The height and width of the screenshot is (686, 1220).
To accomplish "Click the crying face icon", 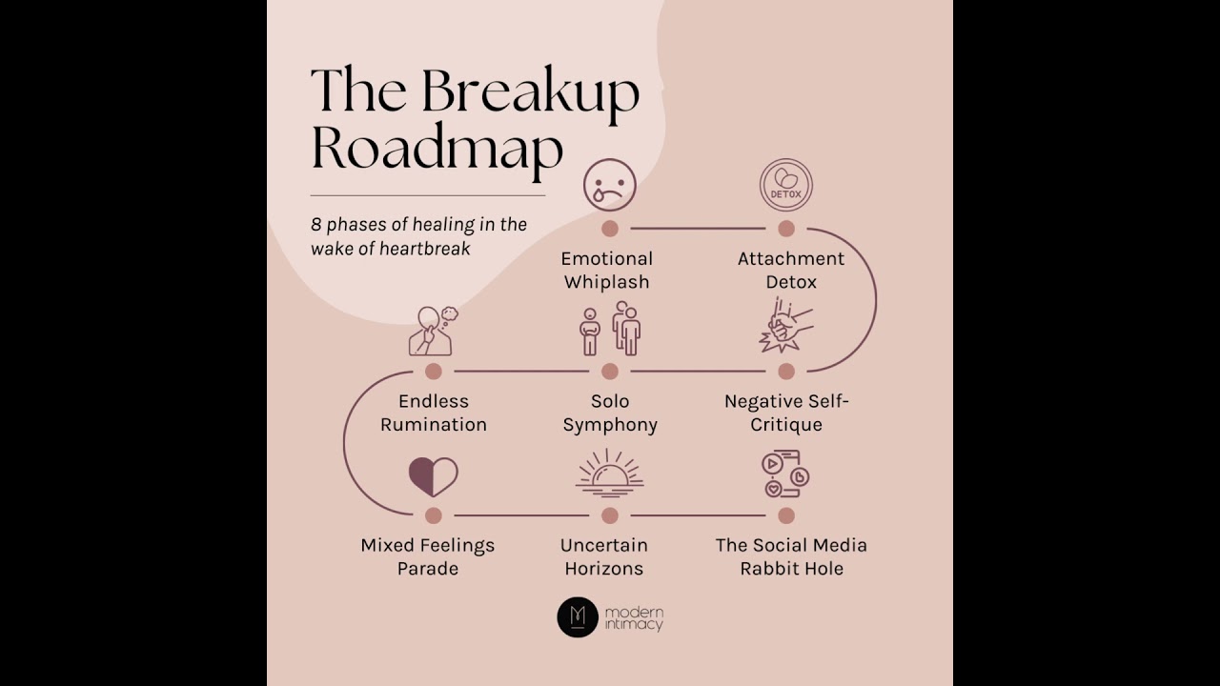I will pyautogui.click(x=610, y=185).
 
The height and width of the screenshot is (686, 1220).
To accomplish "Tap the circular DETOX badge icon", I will pyautogui.click(x=786, y=185).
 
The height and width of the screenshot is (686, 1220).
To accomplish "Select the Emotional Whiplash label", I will pyautogui.click(x=607, y=271).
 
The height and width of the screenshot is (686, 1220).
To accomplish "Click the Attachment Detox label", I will pyautogui.click(x=790, y=271).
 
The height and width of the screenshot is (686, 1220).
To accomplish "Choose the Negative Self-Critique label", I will pyautogui.click(x=786, y=413).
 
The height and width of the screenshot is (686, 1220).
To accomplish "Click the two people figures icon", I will pyautogui.click(x=610, y=330).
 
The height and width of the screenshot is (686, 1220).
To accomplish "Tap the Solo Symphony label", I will pyautogui.click(x=610, y=413).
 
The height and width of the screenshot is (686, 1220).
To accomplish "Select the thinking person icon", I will pyautogui.click(x=433, y=330).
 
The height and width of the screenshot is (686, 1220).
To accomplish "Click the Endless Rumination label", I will pyautogui.click(x=434, y=413).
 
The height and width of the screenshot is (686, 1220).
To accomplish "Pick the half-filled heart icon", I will pyautogui.click(x=434, y=476).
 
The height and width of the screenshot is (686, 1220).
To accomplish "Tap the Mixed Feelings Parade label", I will pyautogui.click(x=428, y=556).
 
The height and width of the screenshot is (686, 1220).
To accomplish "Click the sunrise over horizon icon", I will pyautogui.click(x=610, y=474).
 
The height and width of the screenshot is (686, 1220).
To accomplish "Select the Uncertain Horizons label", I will pyautogui.click(x=603, y=556).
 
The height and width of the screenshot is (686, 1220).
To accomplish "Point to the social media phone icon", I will pyautogui.click(x=785, y=474).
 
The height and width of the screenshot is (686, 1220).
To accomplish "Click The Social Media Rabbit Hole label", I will pyautogui.click(x=791, y=556).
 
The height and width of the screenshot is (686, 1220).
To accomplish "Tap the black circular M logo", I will pyautogui.click(x=578, y=617).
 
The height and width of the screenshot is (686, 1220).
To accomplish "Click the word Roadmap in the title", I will pyautogui.click(x=437, y=149).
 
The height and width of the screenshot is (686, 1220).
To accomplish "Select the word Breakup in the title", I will pyautogui.click(x=530, y=91).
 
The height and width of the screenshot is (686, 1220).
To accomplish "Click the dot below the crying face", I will pyautogui.click(x=610, y=229).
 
